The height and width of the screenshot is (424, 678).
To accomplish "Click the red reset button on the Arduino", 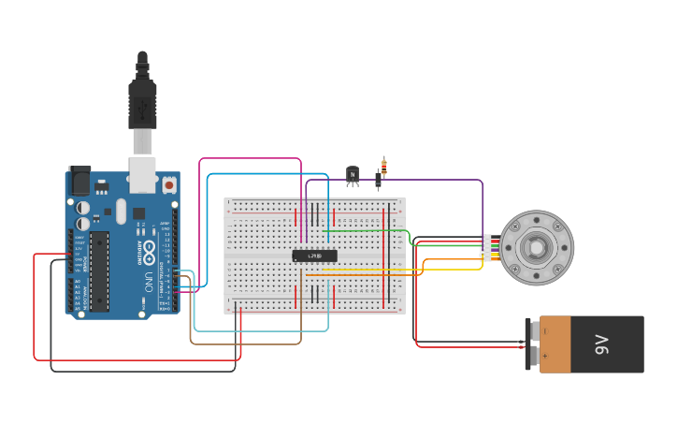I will pyautogui.click(x=168, y=184).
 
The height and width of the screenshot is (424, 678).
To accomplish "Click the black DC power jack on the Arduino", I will pyautogui.click(x=79, y=181).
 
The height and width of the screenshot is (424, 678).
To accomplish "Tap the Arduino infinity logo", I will pyautogui.click(x=149, y=251).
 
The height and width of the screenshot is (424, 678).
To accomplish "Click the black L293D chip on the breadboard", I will pyautogui.click(x=314, y=256).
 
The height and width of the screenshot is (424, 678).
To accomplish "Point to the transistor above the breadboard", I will pyautogui.click(x=353, y=174).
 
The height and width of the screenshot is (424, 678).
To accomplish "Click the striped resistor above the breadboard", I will pyautogui.click(x=383, y=166).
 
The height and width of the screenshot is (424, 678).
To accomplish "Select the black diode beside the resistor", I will pyautogui.click(x=378, y=179).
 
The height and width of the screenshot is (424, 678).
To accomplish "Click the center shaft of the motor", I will pyautogui.click(x=536, y=248).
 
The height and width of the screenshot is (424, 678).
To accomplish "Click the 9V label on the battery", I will pyautogui.click(x=601, y=344).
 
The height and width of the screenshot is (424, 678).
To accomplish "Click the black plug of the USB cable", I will pyautogui.click(x=142, y=103).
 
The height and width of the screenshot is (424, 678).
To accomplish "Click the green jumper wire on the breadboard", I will pyautogui.click(x=365, y=230).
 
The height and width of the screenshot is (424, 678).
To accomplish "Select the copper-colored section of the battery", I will pyautogui.click(x=555, y=344).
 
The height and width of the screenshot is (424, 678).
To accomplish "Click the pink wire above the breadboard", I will pyautogui.click(x=250, y=159).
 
